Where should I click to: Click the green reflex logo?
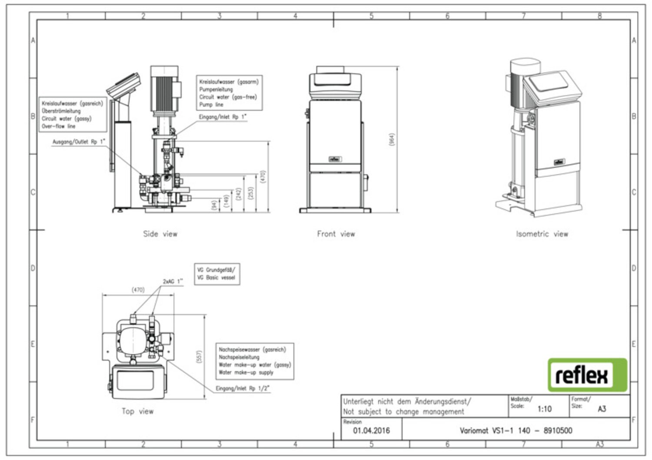[587, 375]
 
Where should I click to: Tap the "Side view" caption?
[160, 234]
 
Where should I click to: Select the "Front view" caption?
[336, 234]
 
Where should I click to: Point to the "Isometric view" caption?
[542, 234]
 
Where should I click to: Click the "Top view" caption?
[137, 411]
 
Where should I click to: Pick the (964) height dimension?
[391, 140]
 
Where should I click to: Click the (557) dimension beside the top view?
[200, 357]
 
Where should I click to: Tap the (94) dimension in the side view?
[214, 205]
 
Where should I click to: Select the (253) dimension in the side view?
[250, 193]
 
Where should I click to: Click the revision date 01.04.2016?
[371, 431]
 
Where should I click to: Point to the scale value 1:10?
[544, 409]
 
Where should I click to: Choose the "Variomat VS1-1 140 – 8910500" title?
[516, 431]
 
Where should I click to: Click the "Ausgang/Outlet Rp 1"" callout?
[79, 142]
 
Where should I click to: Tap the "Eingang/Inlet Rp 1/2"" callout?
[242, 388]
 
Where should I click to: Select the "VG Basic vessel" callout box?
[216, 274]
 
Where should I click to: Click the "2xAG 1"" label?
[173, 281]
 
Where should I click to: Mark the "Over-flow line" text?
[59, 126]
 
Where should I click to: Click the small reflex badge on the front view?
[335, 159]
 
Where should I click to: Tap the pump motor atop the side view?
[164, 89]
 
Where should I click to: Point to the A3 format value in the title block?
[602, 409]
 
